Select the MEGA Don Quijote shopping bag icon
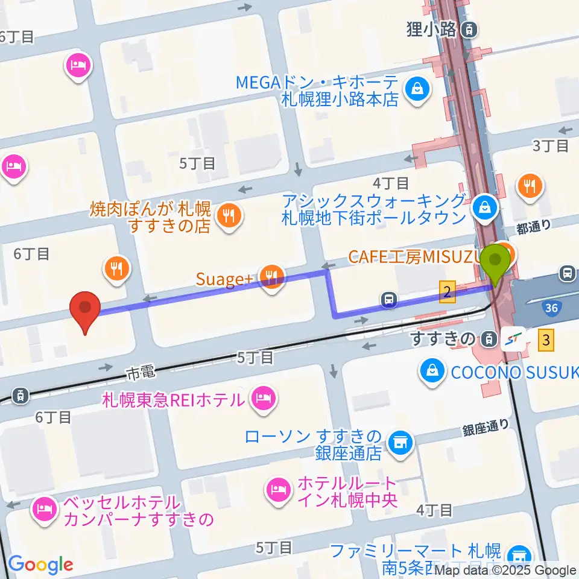click(416, 89)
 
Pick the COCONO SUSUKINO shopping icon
click(432, 370)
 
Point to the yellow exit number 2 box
click(446, 292)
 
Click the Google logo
click(40, 565)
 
